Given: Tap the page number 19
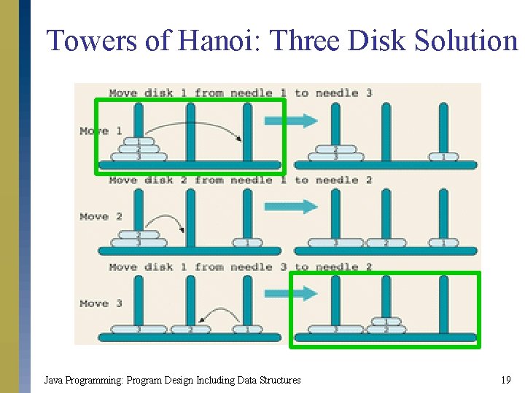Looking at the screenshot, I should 505,380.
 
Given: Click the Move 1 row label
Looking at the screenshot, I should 94,131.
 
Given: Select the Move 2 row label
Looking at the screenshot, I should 94,217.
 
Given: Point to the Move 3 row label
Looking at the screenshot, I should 94,303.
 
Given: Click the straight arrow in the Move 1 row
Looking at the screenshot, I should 291,121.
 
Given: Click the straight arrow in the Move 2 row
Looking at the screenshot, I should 291,207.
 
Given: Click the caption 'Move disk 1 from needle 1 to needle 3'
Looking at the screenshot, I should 241,93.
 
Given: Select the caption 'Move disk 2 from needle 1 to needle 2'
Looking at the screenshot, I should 241,180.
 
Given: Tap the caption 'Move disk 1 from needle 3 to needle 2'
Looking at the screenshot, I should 241,267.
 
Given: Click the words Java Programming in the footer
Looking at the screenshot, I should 82,380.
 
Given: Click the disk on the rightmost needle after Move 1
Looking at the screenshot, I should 443,156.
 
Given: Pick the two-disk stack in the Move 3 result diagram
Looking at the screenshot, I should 386,325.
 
